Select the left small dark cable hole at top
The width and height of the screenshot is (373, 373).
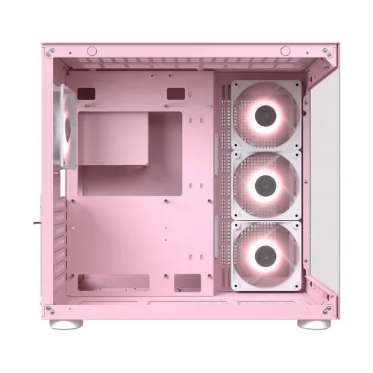[x=87, y=93]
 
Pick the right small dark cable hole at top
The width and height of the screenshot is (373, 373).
[x=176, y=93]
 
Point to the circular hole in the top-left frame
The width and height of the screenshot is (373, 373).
[x=90, y=51]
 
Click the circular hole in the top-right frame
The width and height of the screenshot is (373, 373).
[x=286, y=51]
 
